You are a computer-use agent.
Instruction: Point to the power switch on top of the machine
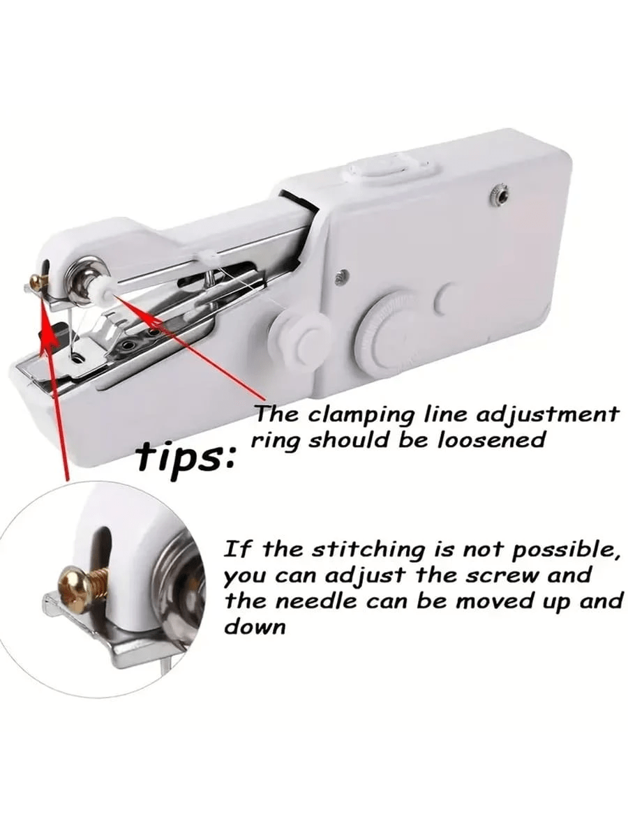coord(391,167)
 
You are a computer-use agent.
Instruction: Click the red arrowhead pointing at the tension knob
coord(121,299)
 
